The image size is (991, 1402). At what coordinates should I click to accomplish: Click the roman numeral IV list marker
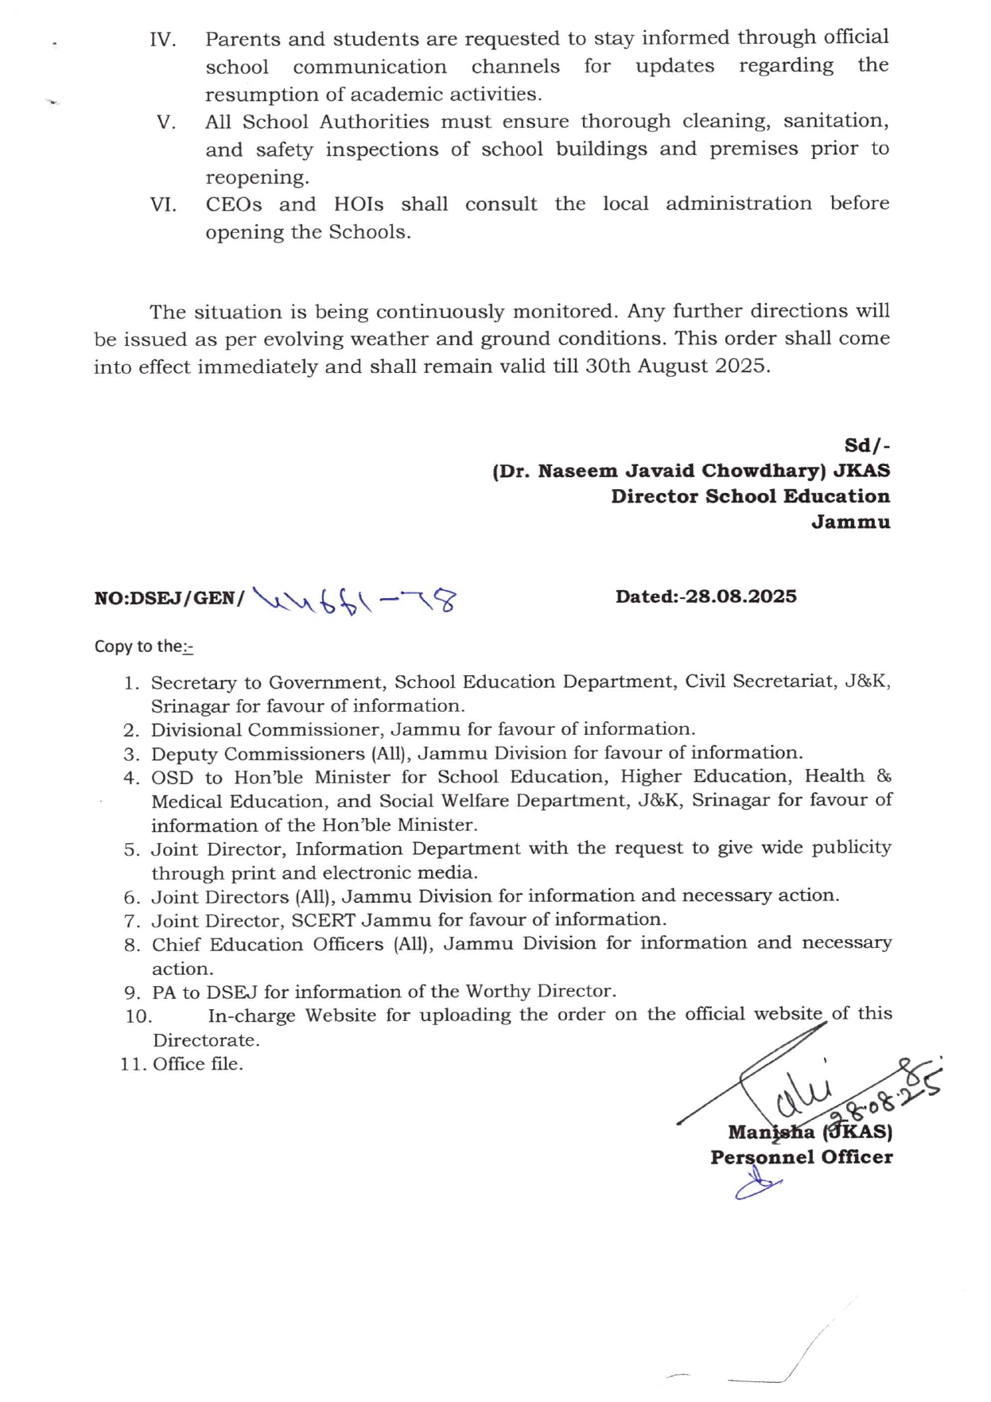163,40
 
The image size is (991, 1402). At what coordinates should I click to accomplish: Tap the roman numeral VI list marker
163,205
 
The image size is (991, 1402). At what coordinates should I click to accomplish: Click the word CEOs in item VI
234,204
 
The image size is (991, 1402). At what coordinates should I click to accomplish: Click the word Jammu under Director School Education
850,522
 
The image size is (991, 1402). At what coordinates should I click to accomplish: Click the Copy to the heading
143,647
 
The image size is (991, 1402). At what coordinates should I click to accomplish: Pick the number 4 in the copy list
132,779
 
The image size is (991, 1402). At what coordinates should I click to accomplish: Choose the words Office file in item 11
198,1064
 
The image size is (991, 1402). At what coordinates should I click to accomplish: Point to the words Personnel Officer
801,1157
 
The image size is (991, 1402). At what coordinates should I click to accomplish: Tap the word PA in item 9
165,992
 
